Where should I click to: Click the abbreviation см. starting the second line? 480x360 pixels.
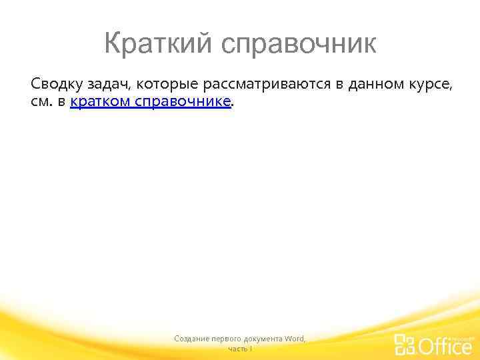42,101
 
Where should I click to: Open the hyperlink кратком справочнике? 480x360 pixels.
151,101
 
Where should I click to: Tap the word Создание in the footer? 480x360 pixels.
190,339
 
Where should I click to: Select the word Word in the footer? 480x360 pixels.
294,339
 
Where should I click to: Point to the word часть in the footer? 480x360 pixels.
237,349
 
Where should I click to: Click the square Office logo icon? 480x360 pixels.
405,344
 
